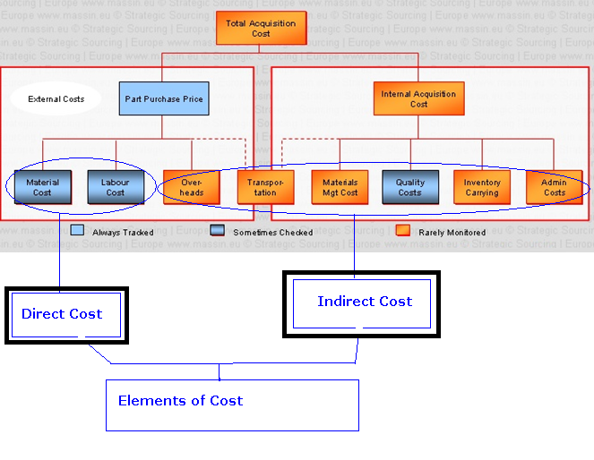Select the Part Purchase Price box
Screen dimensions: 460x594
coord(164,98)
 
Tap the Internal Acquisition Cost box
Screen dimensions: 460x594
coord(418,98)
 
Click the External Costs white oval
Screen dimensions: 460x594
coord(56,98)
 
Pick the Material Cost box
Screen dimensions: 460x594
coord(43,187)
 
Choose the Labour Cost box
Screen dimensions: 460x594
coord(116,187)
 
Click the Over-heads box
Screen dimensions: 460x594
coord(191,187)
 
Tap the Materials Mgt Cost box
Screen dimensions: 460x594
coord(340,187)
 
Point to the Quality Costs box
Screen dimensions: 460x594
coord(409,187)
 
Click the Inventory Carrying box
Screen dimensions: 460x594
coord(482,187)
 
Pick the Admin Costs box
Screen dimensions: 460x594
coord(554,187)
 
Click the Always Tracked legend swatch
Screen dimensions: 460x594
coord(78,231)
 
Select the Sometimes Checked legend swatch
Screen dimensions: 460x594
coord(216,231)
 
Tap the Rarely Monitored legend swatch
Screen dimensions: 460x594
coord(402,231)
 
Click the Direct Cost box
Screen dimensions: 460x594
coord(66,315)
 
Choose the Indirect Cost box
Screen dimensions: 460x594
coord(364,302)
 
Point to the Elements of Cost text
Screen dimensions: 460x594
coord(180,400)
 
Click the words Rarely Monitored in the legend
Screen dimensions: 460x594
coord(452,233)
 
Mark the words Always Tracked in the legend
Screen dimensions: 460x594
coord(123,233)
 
